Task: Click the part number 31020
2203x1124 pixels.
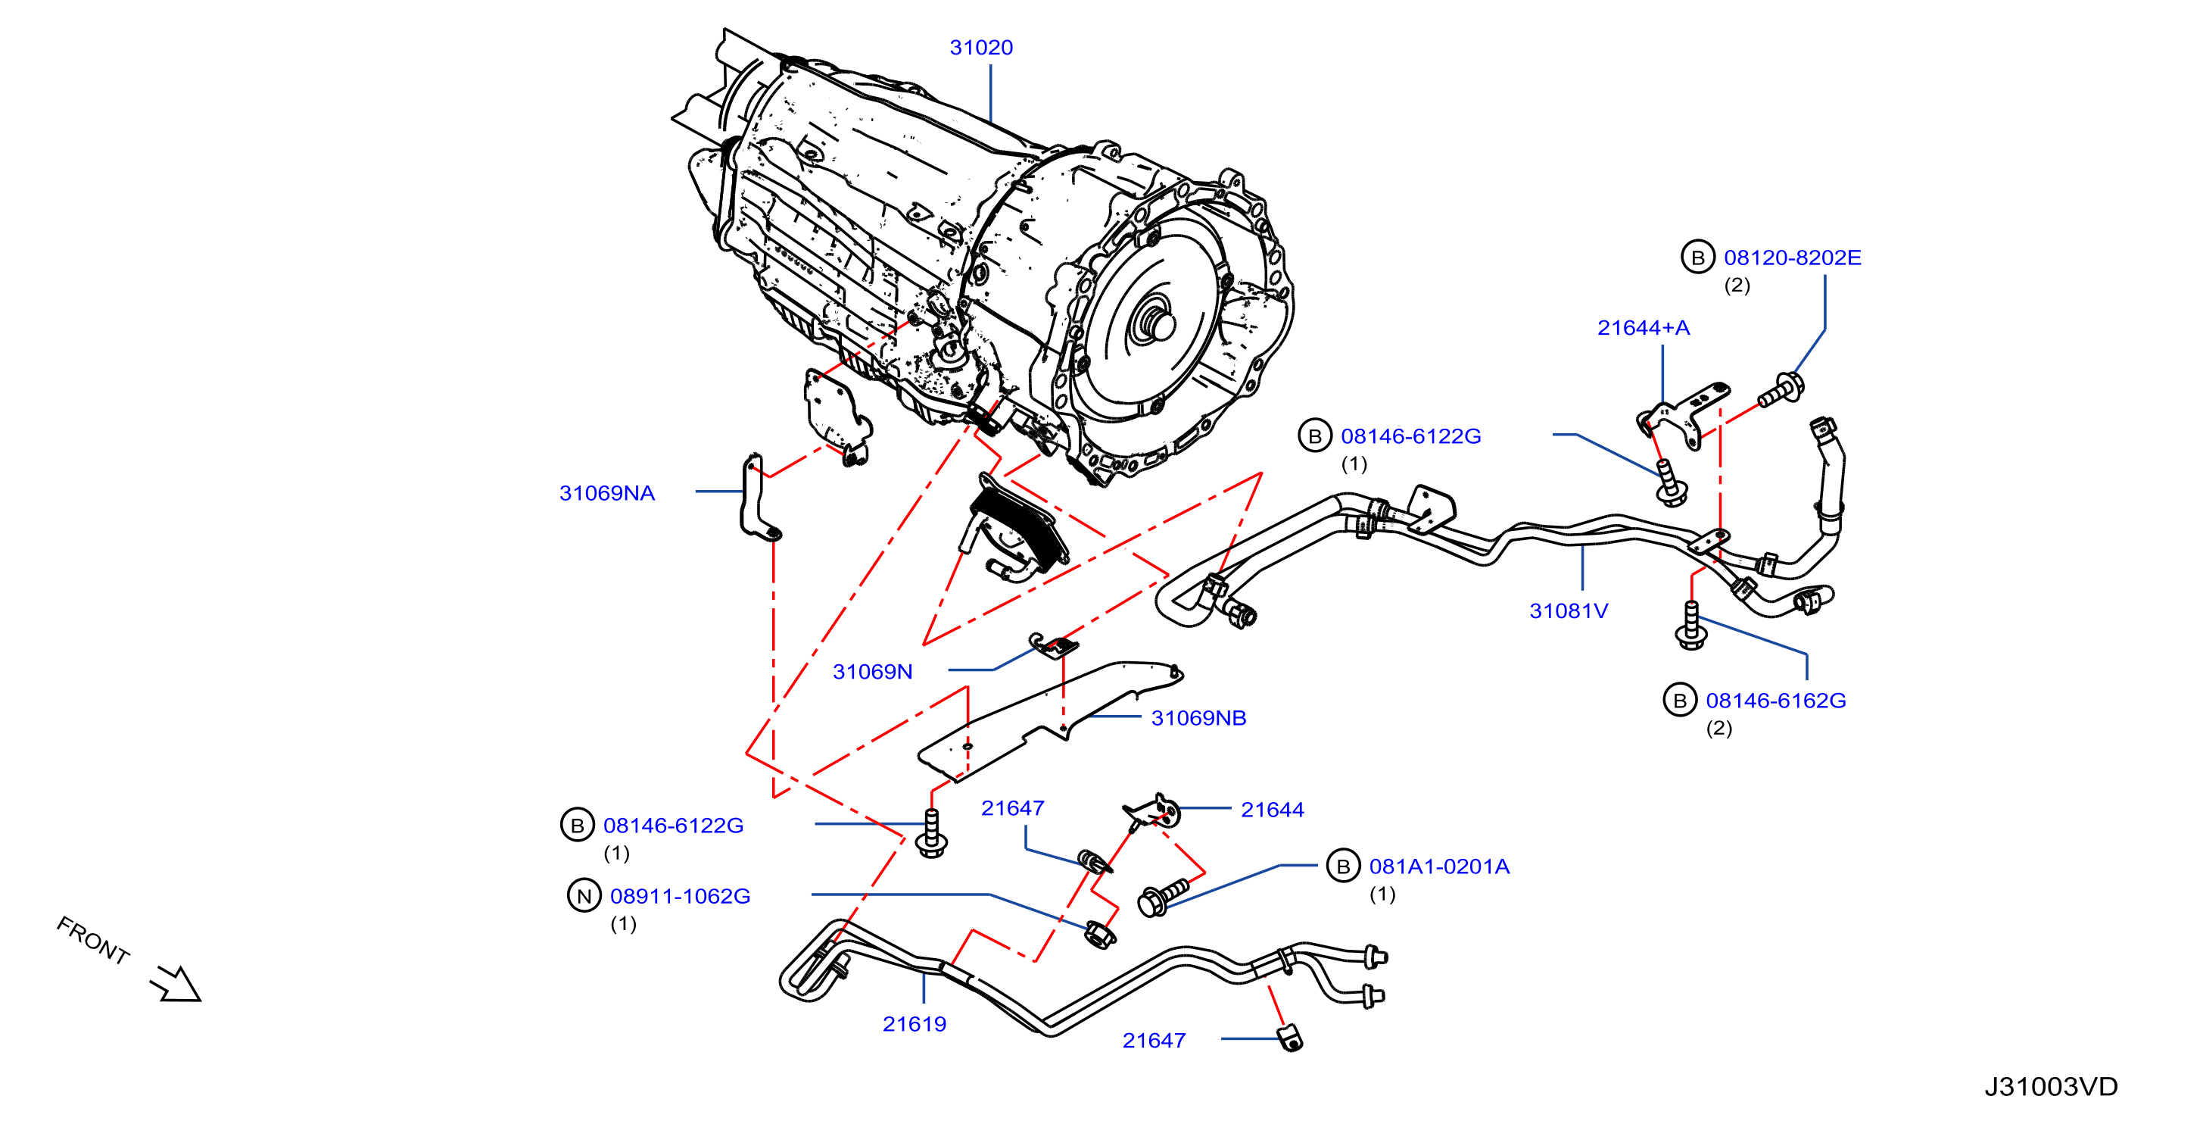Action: (981, 48)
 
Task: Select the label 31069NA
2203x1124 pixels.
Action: (606, 494)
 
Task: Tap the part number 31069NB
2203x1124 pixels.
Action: (1198, 719)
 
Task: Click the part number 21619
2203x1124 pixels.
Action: (915, 1025)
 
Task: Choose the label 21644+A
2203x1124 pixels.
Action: (1643, 329)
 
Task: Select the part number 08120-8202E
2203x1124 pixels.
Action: (1792, 258)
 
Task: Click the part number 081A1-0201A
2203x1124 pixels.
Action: (1439, 867)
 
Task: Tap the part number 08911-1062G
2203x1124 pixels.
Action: (680, 897)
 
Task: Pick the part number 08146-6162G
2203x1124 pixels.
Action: (1775, 701)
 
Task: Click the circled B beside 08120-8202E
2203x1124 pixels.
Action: (1697, 258)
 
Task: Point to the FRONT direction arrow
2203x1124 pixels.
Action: (176, 985)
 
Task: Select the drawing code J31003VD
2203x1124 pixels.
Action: (2051, 1087)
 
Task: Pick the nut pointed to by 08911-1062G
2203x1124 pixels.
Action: (1099, 934)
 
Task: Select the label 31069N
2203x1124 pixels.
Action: (872, 673)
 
